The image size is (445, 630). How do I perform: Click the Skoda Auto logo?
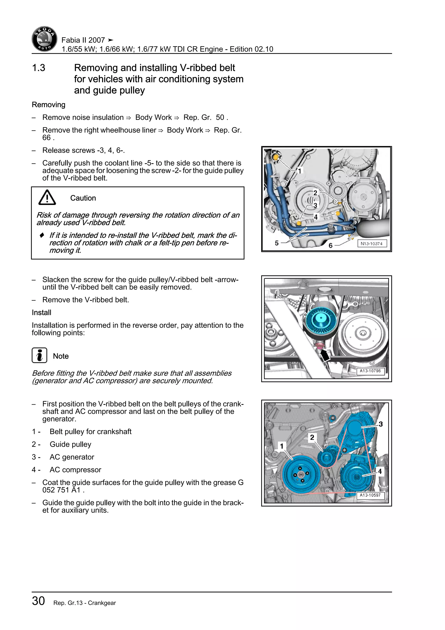(44, 39)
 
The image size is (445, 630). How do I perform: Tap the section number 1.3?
(39, 68)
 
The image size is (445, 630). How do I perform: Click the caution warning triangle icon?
(47, 198)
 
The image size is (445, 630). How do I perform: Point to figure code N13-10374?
(372, 244)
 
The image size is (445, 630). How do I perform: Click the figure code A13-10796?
(370, 371)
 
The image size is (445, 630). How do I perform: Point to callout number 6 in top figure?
(330, 245)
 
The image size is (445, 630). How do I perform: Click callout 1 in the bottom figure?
(281, 446)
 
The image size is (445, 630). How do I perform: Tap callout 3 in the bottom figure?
(381, 424)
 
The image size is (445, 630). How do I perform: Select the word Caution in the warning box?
(83, 198)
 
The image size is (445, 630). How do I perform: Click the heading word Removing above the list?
(48, 105)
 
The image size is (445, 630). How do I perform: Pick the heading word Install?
(41, 313)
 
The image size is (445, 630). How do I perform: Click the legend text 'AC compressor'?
(75, 470)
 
